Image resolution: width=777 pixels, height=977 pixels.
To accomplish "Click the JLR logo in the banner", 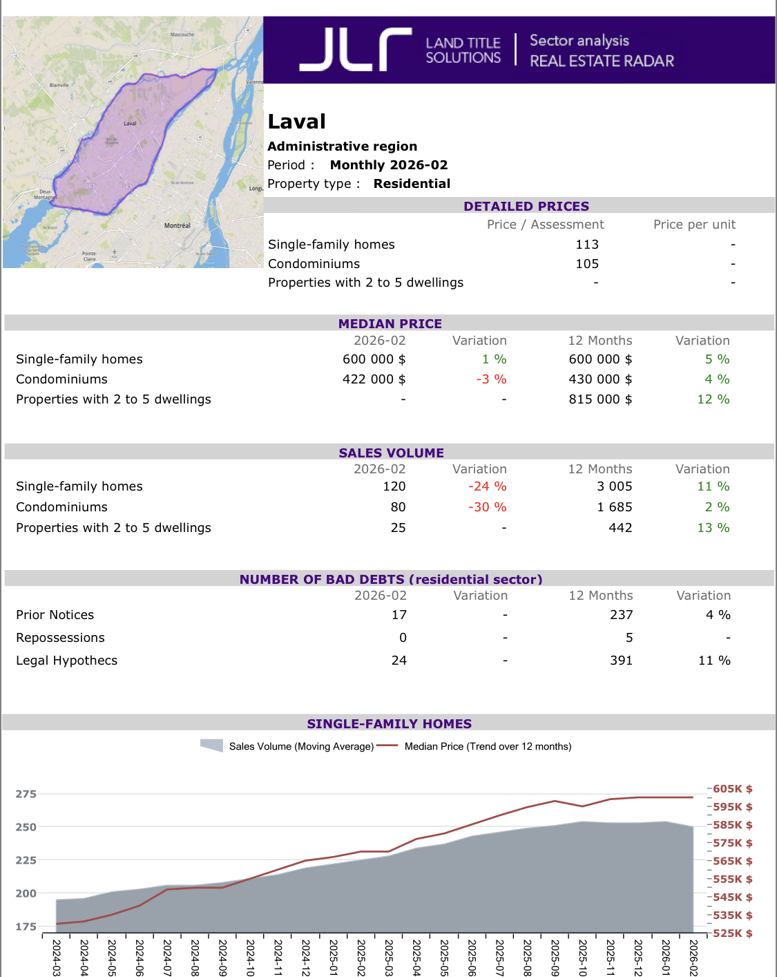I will [x=356, y=50].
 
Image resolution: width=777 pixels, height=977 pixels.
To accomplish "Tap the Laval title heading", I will [x=297, y=122].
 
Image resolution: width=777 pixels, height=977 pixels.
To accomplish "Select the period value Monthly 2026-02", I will [x=389, y=165].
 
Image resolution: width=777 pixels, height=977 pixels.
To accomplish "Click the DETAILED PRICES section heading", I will [x=526, y=206].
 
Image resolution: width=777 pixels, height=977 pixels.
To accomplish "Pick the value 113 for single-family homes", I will [x=587, y=245].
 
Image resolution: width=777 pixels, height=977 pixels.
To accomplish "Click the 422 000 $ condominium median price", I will [x=374, y=379].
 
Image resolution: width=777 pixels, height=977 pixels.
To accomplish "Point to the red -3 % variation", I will [x=491, y=379].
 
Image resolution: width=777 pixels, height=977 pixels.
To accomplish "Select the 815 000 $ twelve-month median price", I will [x=600, y=399].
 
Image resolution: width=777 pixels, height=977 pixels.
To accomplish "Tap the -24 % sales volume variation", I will [x=487, y=486].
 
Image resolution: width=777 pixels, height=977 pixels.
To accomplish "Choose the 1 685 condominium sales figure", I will [x=615, y=507].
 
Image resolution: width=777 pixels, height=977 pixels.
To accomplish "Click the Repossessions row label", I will [x=61, y=638].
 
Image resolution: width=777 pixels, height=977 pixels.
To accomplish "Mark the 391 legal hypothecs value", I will [x=621, y=661].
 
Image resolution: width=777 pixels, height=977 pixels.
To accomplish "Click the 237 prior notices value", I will [x=621, y=615].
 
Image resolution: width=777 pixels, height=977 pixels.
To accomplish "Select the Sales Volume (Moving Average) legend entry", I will [x=301, y=746].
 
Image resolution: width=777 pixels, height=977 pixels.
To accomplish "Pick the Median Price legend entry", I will [x=488, y=746].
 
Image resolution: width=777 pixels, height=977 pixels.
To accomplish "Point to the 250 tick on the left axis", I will [x=26, y=827].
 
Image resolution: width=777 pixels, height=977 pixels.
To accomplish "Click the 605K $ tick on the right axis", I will [x=733, y=789].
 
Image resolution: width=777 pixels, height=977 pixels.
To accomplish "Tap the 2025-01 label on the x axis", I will [x=334, y=957].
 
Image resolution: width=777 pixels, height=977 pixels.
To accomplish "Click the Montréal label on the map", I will [x=178, y=225].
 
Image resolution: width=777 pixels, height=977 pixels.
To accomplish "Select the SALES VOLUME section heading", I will [x=391, y=453].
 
